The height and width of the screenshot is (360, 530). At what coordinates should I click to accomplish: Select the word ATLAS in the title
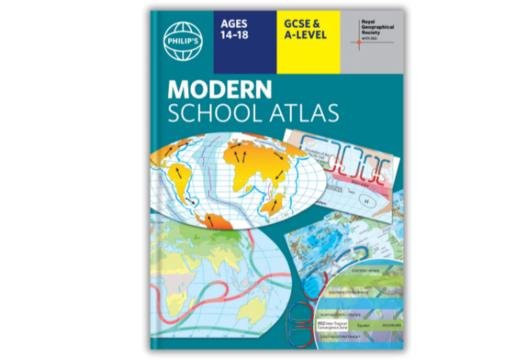point(303,113)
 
